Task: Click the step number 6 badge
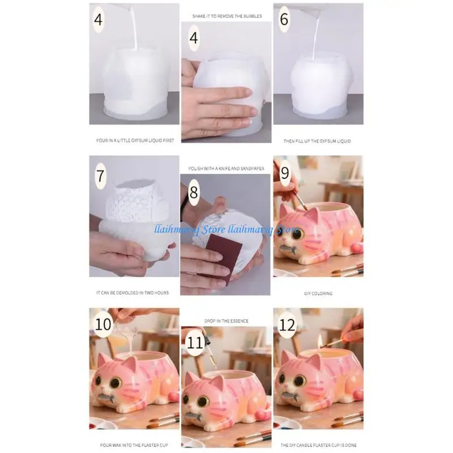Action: click(284, 19)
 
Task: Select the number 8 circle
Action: click(194, 193)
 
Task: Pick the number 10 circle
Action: click(104, 325)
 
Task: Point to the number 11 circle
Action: click(195, 343)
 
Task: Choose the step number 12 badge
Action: click(288, 325)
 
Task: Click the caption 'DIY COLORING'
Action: click(318, 293)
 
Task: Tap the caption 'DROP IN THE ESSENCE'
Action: click(226, 321)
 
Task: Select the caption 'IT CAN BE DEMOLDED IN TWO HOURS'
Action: click(133, 293)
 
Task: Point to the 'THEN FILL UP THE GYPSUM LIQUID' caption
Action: click(318, 140)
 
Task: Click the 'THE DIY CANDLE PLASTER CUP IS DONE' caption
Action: click(318, 446)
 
